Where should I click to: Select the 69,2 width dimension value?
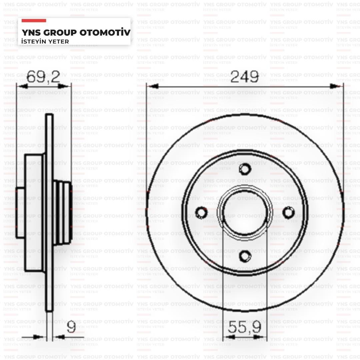(x=43, y=77)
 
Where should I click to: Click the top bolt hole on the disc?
(x=245, y=169)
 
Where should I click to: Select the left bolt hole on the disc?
(x=201, y=212)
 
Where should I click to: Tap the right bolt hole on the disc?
(x=288, y=212)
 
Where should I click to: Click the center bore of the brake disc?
(x=245, y=212)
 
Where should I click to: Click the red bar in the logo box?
(x=34, y=21)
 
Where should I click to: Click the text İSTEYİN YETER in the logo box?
(x=45, y=41)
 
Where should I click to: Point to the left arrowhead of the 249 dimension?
(x=152, y=86)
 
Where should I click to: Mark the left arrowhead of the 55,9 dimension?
(x=229, y=337)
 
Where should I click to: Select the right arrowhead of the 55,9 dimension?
(x=261, y=337)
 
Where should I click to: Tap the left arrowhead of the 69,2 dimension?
(x=23, y=86)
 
